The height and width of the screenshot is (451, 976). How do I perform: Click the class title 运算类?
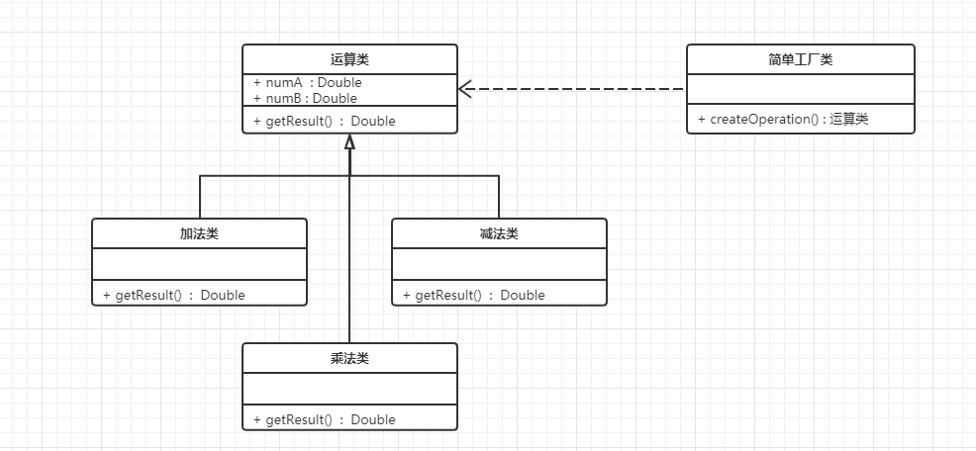tap(349, 60)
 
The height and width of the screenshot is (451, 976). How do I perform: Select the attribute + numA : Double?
tap(308, 83)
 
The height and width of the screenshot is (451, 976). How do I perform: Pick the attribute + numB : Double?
tap(305, 98)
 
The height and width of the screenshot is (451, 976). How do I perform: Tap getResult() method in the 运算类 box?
tap(324, 121)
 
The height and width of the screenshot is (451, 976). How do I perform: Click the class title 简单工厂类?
tap(800, 60)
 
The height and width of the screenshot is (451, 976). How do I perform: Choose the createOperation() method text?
tap(782, 120)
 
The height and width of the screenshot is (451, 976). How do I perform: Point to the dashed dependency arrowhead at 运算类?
tap(465, 90)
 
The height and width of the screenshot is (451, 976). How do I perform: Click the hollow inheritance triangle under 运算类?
tap(349, 142)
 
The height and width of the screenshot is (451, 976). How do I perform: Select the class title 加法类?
tap(199, 234)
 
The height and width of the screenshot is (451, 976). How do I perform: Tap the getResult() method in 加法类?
tap(173, 295)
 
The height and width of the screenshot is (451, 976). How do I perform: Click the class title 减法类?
tap(499, 234)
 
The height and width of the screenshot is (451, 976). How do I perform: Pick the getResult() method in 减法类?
tap(473, 295)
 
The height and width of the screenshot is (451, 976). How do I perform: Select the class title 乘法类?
tap(349, 359)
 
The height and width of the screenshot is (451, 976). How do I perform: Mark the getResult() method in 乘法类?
tap(324, 419)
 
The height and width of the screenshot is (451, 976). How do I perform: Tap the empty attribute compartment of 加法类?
tap(199, 264)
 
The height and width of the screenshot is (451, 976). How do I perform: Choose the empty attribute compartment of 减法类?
tap(499, 264)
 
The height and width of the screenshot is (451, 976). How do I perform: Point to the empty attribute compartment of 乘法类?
tap(349, 389)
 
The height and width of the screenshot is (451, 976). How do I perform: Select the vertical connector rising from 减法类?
tap(499, 197)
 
